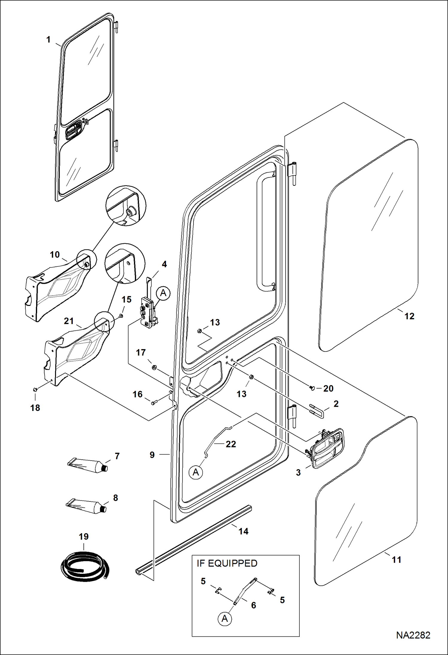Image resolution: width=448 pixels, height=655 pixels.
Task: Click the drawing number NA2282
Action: (x=413, y=635)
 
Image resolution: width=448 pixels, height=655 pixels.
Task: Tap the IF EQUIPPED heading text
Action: (x=227, y=563)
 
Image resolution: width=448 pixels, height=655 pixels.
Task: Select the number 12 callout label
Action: (x=409, y=316)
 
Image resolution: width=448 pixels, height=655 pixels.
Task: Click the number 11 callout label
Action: (x=396, y=560)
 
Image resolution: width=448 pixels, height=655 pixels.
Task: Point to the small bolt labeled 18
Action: (x=35, y=389)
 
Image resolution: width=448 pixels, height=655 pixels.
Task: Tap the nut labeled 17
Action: (x=154, y=367)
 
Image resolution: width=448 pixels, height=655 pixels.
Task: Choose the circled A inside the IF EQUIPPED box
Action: (x=225, y=619)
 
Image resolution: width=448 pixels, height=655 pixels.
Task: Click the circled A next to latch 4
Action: (x=163, y=293)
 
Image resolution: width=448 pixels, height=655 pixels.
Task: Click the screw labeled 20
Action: (x=312, y=388)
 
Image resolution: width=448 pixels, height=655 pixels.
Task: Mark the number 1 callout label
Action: (x=48, y=39)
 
